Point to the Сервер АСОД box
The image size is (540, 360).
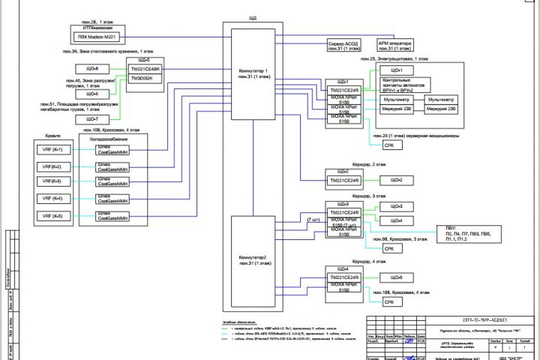(346, 46)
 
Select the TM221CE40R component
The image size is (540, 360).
(145, 69)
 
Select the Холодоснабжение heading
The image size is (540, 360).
(108, 139)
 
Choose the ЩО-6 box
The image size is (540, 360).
(92, 94)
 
